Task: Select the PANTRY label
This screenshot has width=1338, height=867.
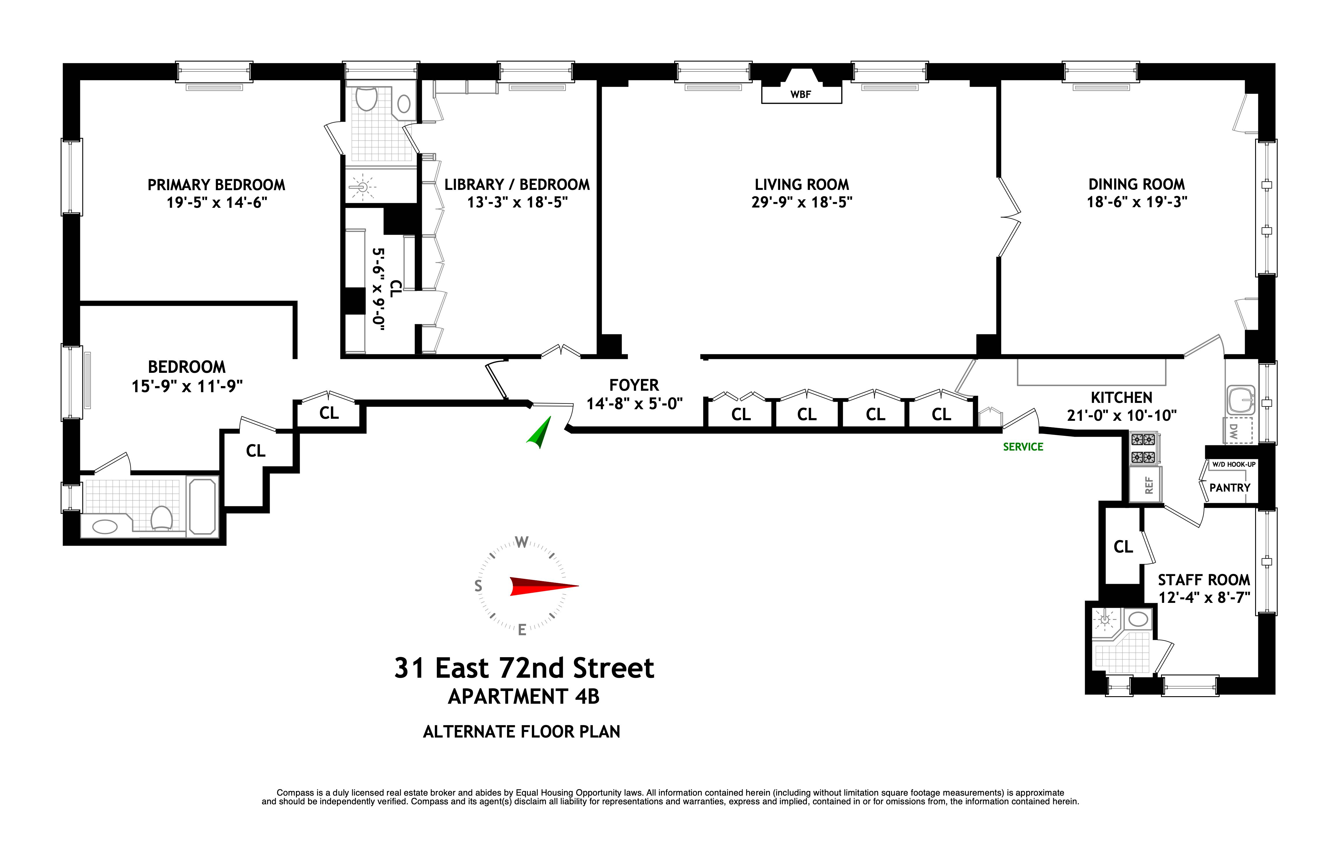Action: tap(1229, 488)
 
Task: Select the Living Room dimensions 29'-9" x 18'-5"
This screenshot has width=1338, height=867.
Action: tap(801, 202)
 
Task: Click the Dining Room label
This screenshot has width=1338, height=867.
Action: tap(1136, 185)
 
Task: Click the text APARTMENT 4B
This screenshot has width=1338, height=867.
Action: tap(523, 696)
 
